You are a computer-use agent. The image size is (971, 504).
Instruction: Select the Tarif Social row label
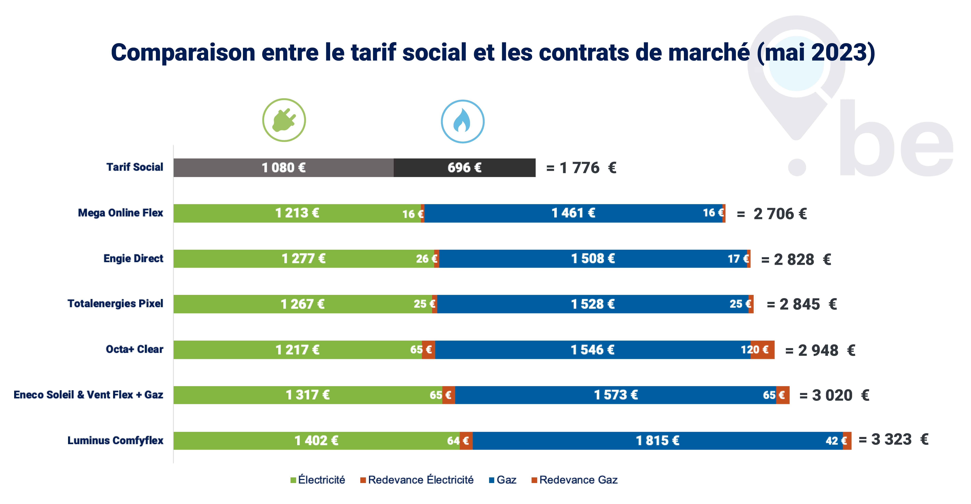135,167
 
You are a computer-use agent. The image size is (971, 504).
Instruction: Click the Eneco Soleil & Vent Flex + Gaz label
88,395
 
